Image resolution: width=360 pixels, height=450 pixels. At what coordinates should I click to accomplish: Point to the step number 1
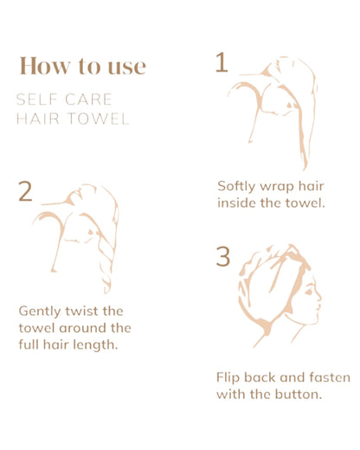[222, 63]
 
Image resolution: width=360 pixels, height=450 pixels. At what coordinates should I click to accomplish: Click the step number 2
[25, 191]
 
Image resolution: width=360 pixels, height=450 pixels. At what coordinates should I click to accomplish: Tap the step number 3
[223, 257]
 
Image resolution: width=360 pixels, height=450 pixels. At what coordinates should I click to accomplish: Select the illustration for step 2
[82, 234]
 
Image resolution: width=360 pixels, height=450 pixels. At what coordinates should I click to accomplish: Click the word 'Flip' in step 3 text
[229, 377]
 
